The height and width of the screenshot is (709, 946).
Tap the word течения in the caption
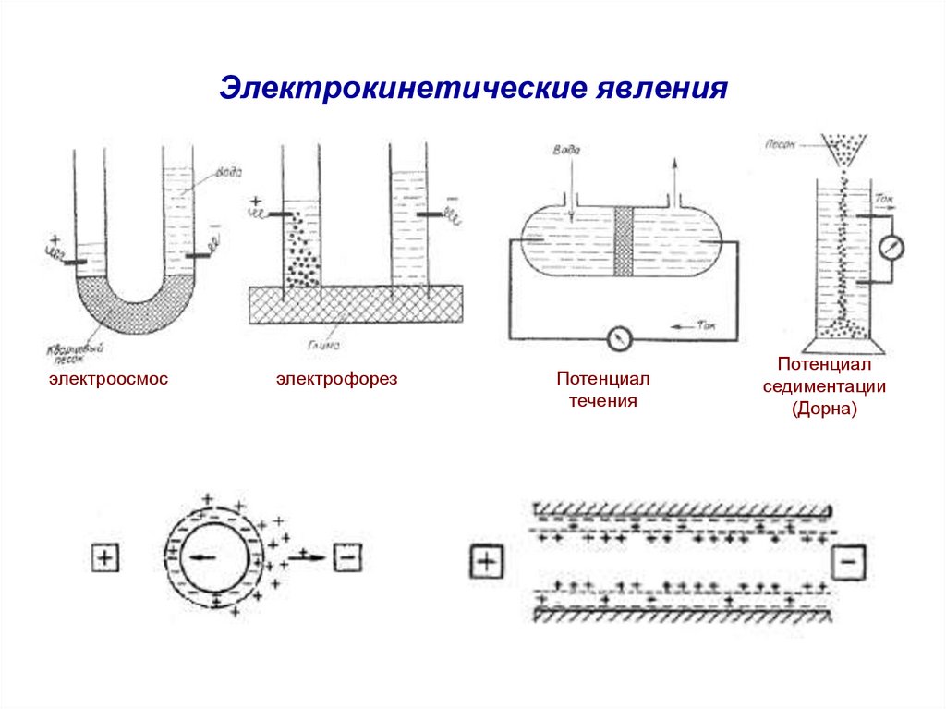603,402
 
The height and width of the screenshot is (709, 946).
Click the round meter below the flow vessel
620,339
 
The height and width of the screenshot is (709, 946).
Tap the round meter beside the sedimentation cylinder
891,248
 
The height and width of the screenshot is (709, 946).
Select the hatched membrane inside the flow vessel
623,241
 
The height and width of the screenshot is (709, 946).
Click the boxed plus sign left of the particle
104,558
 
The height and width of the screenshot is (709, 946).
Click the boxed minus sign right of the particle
347,557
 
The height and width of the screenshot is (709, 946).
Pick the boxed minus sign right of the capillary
849,562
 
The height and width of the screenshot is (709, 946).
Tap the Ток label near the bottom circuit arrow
707,326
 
